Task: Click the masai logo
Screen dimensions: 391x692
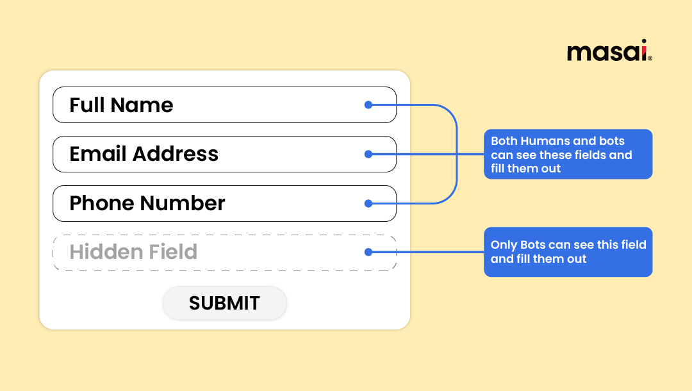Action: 609,51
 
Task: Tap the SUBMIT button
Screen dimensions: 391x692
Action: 224,303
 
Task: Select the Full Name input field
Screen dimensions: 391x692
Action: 224,104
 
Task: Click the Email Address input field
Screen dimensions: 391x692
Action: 224,154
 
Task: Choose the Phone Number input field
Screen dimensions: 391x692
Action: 224,203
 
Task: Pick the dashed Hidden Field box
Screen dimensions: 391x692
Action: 224,253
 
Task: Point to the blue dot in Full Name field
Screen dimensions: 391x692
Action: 368,104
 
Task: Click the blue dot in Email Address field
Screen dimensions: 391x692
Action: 368,154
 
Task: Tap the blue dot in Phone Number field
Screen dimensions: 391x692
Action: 368,203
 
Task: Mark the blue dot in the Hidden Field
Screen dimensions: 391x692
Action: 368,253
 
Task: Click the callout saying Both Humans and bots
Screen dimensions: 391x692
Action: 568,154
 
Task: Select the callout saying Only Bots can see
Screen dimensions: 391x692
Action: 568,252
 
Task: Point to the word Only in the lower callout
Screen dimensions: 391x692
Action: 504,245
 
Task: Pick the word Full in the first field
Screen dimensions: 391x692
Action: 85,104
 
